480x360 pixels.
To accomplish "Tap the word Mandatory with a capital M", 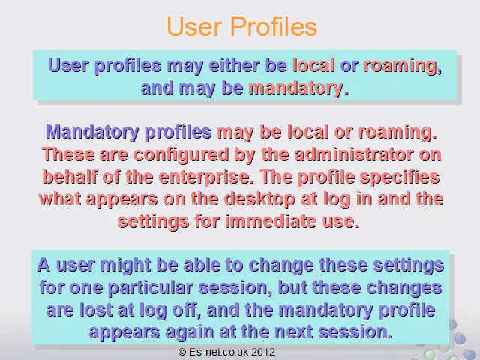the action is tap(92, 133).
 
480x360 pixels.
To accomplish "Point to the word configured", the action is tap(181, 155).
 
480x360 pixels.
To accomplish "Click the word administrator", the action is tap(353, 154).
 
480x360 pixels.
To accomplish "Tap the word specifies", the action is tap(400, 178).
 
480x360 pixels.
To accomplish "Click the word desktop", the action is tap(259, 199).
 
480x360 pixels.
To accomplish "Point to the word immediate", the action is tap(271, 221).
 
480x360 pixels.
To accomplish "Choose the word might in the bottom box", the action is tap(125, 265).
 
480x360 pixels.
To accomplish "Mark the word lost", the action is tap(96, 310).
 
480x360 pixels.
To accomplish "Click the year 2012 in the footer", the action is tap(263, 352).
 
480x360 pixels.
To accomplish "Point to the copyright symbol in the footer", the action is tap(182, 352).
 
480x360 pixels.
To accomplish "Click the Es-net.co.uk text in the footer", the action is tap(218, 352).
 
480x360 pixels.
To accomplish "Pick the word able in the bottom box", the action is tap(202, 265).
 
